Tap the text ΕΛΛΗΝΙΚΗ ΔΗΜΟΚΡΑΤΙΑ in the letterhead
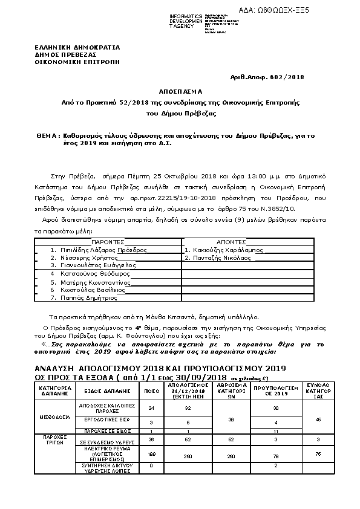(77, 47)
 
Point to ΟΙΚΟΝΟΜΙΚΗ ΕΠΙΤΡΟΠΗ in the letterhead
(77, 62)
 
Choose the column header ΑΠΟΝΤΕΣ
(232, 241)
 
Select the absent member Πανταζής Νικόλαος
(217, 257)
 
